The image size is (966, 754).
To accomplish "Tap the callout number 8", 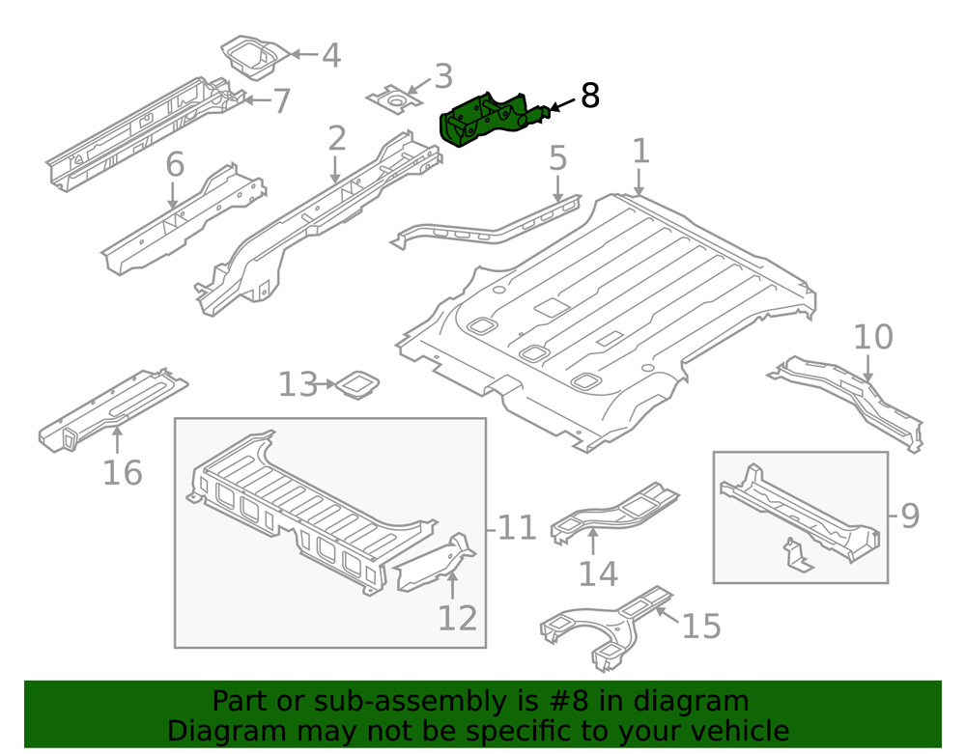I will [x=589, y=96].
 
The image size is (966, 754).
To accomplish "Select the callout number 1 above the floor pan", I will [x=640, y=152].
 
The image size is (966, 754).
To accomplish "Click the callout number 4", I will [x=330, y=55].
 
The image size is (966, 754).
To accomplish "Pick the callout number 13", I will [x=297, y=385].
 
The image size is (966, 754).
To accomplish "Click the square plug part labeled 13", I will [x=355, y=385].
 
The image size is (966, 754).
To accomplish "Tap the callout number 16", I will [x=122, y=472].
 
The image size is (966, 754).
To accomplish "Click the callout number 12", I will [x=457, y=616].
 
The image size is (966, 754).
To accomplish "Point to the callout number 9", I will [x=909, y=517].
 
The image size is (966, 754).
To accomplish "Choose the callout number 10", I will [x=872, y=338].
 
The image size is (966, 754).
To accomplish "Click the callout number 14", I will [x=598, y=573].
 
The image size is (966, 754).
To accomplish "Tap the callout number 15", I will [x=701, y=626].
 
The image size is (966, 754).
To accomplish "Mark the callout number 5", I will [x=557, y=157].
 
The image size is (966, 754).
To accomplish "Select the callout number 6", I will [x=174, y=165].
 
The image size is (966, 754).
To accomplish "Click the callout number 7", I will [x=280, y=100].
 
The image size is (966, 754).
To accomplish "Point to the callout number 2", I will [x=335, y=139].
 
